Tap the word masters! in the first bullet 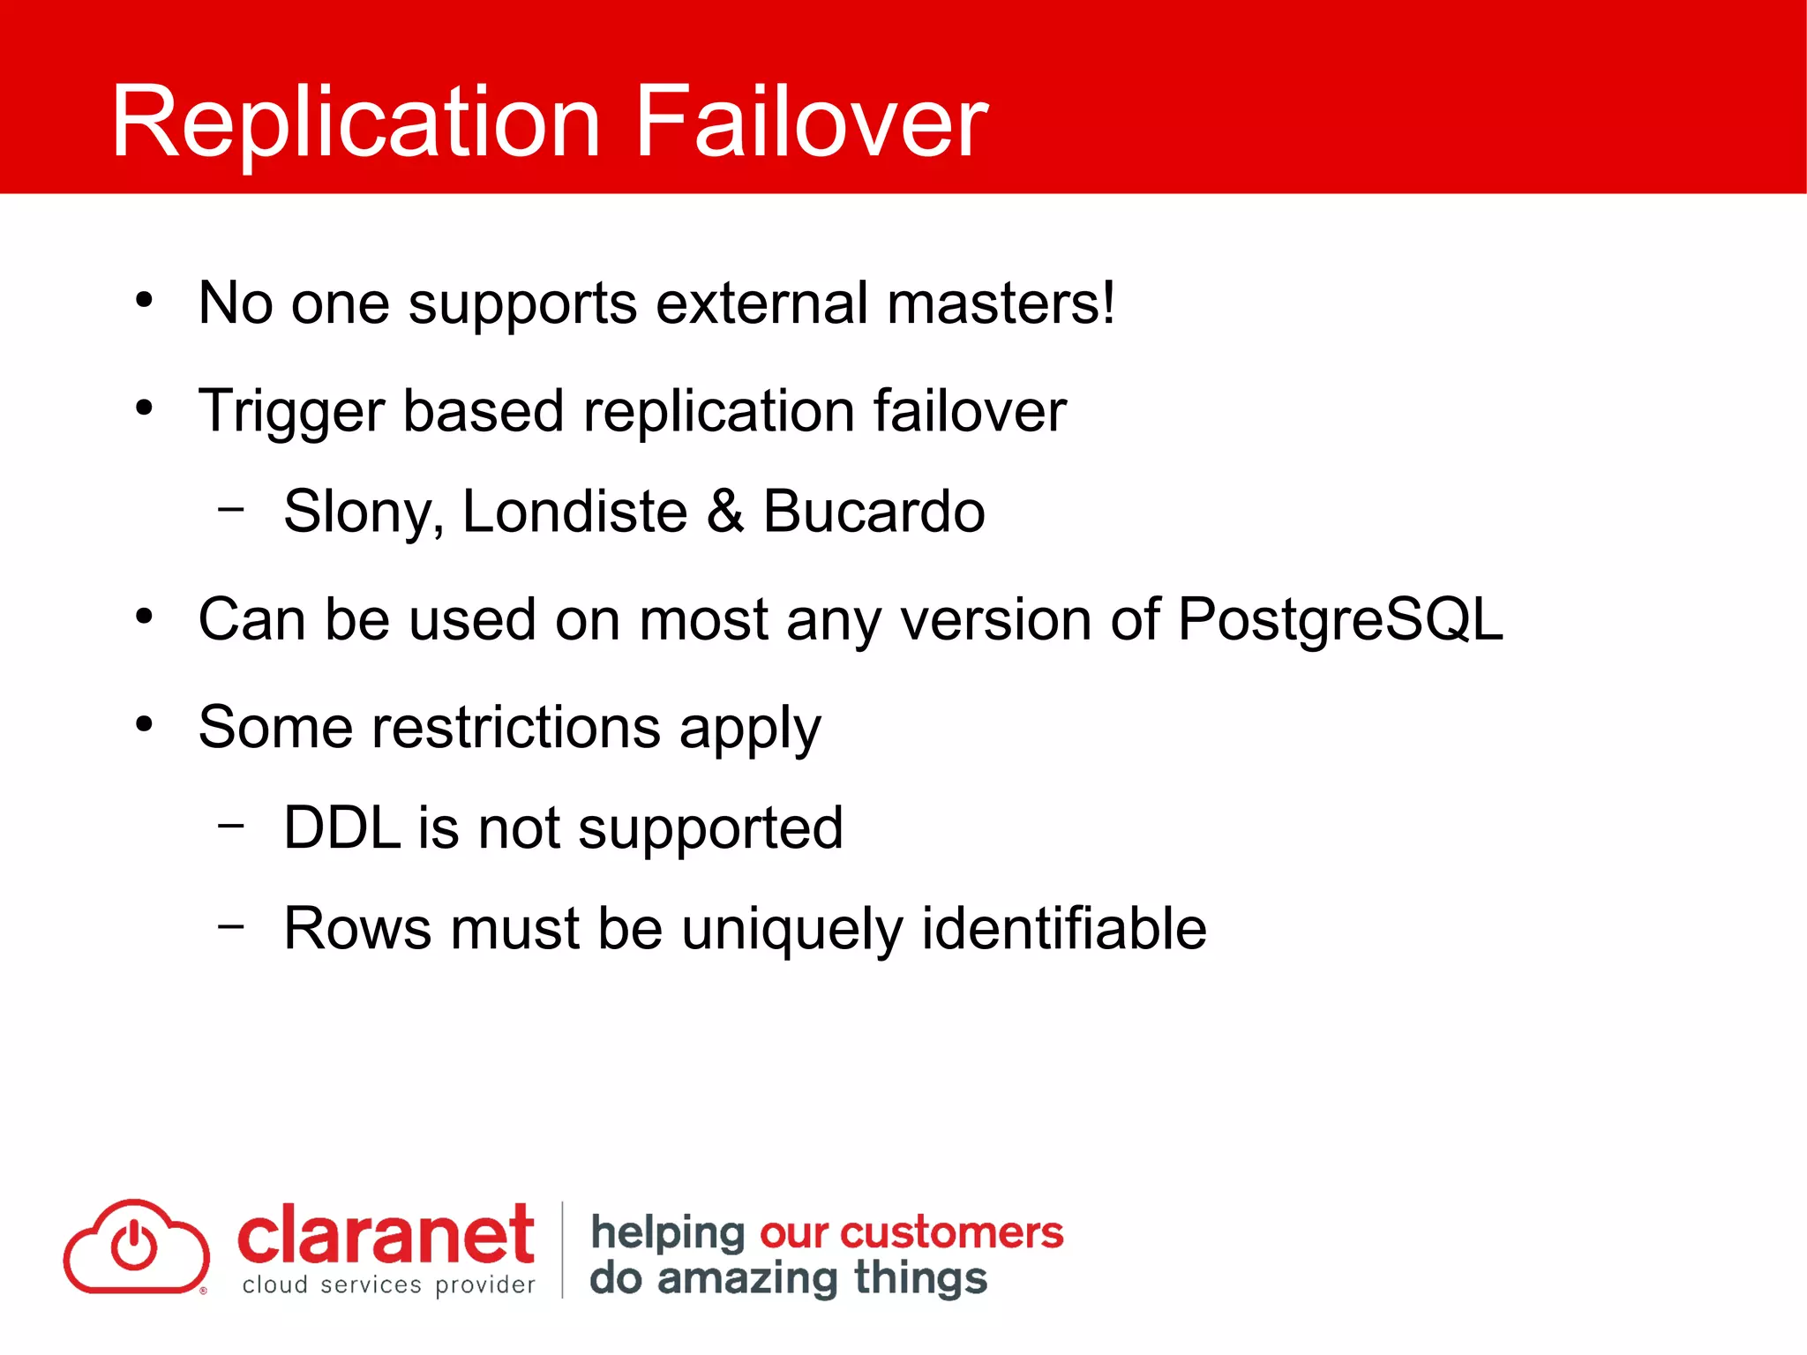click(x=1001, y=303)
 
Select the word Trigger click(x=291, y=412)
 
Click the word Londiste click(x=574, y=512)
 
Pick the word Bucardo click(x=874, y=512)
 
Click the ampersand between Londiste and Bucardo click(x=724, y=512)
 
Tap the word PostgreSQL click(x=1339, y=619)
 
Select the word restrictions click(x=516, y=728)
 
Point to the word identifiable click(x=1063, y=929)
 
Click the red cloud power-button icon click(x=136, y=1246)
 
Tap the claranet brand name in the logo click(x=386, y=1235)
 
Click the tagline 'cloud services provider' click(x=388, y=1285)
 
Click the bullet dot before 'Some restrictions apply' click(x=145, y=725)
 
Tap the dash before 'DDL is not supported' click(x=231, y=826)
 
